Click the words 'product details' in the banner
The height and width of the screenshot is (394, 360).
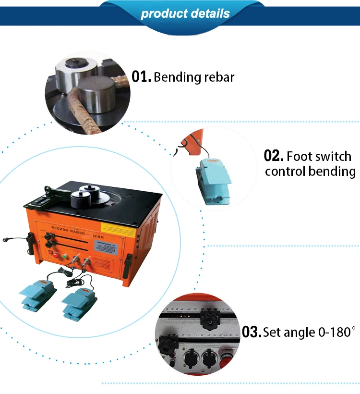[x=185, y=13]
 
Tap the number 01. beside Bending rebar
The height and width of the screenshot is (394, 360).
[x=142, y=76]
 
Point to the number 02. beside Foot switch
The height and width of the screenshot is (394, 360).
[x=274, y=156]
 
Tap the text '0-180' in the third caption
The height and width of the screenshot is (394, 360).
[x=331, y=332]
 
